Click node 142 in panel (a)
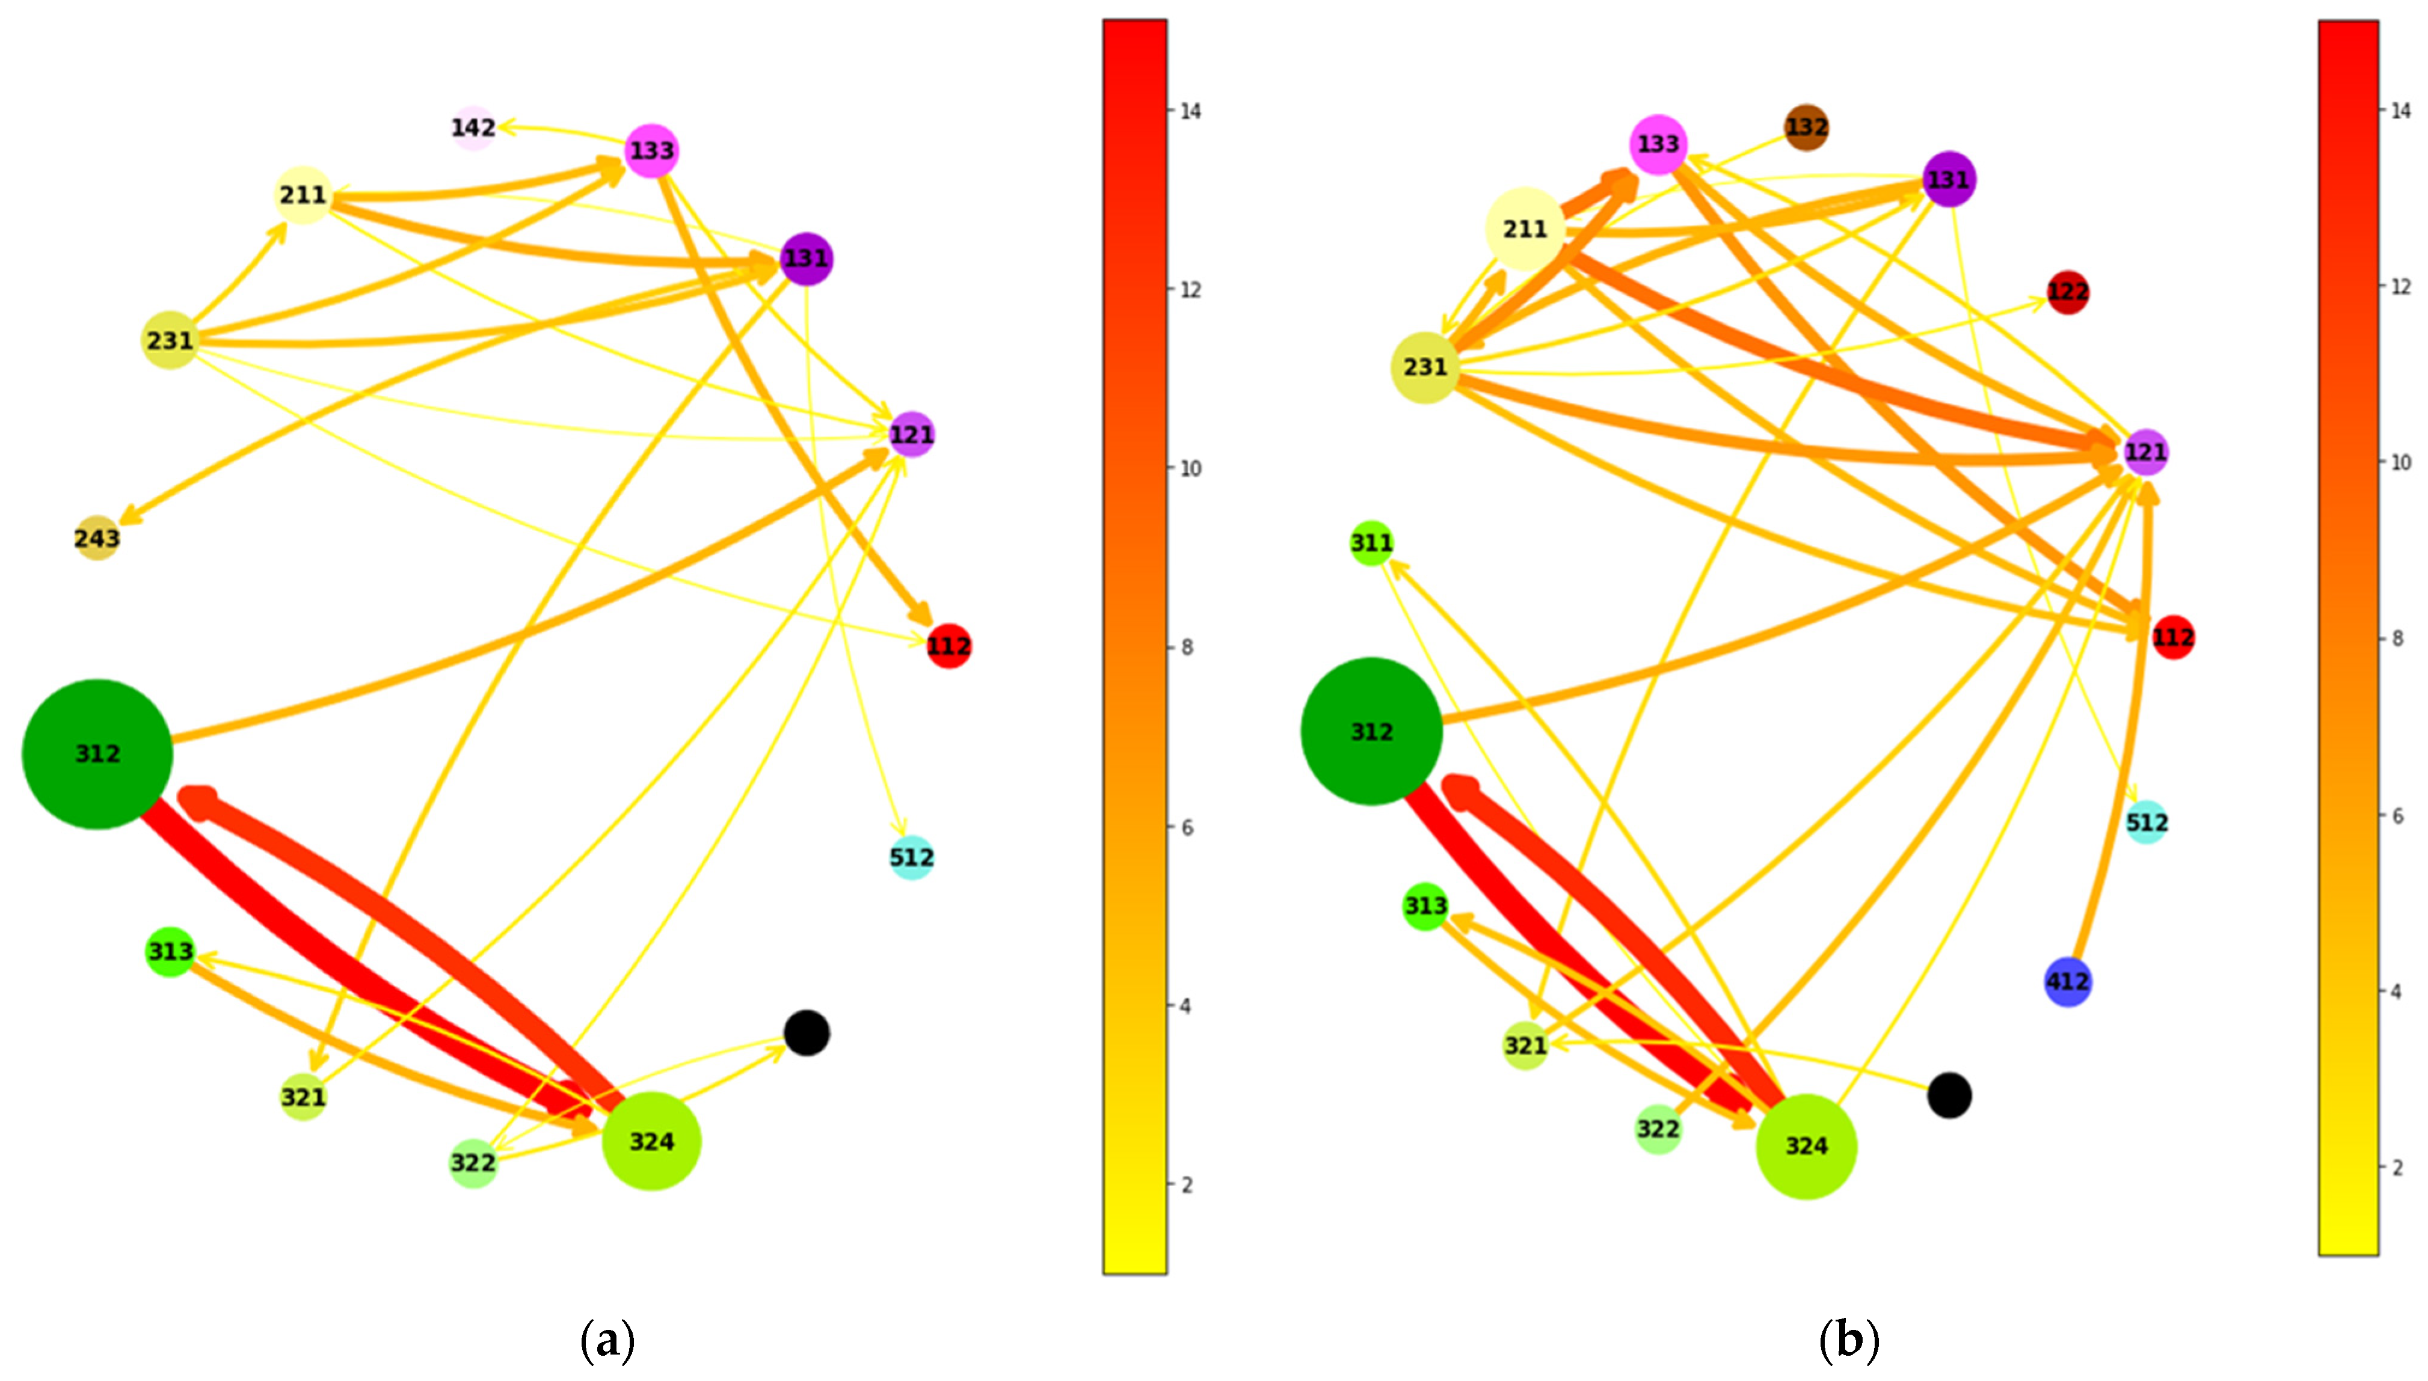[x=473, y=127]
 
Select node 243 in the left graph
[x=97, y=539]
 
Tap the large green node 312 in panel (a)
[x=97, y=754]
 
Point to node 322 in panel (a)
[x=473, y=1163]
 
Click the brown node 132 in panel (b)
[x=1806, y=127]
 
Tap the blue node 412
[x=2068, y=982]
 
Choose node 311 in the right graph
[x=1371, y=542]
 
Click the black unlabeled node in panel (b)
[x=1949, y=1095]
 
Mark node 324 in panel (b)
[x=1806, y=1147]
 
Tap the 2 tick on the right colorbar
[x=2398, y=1168]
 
